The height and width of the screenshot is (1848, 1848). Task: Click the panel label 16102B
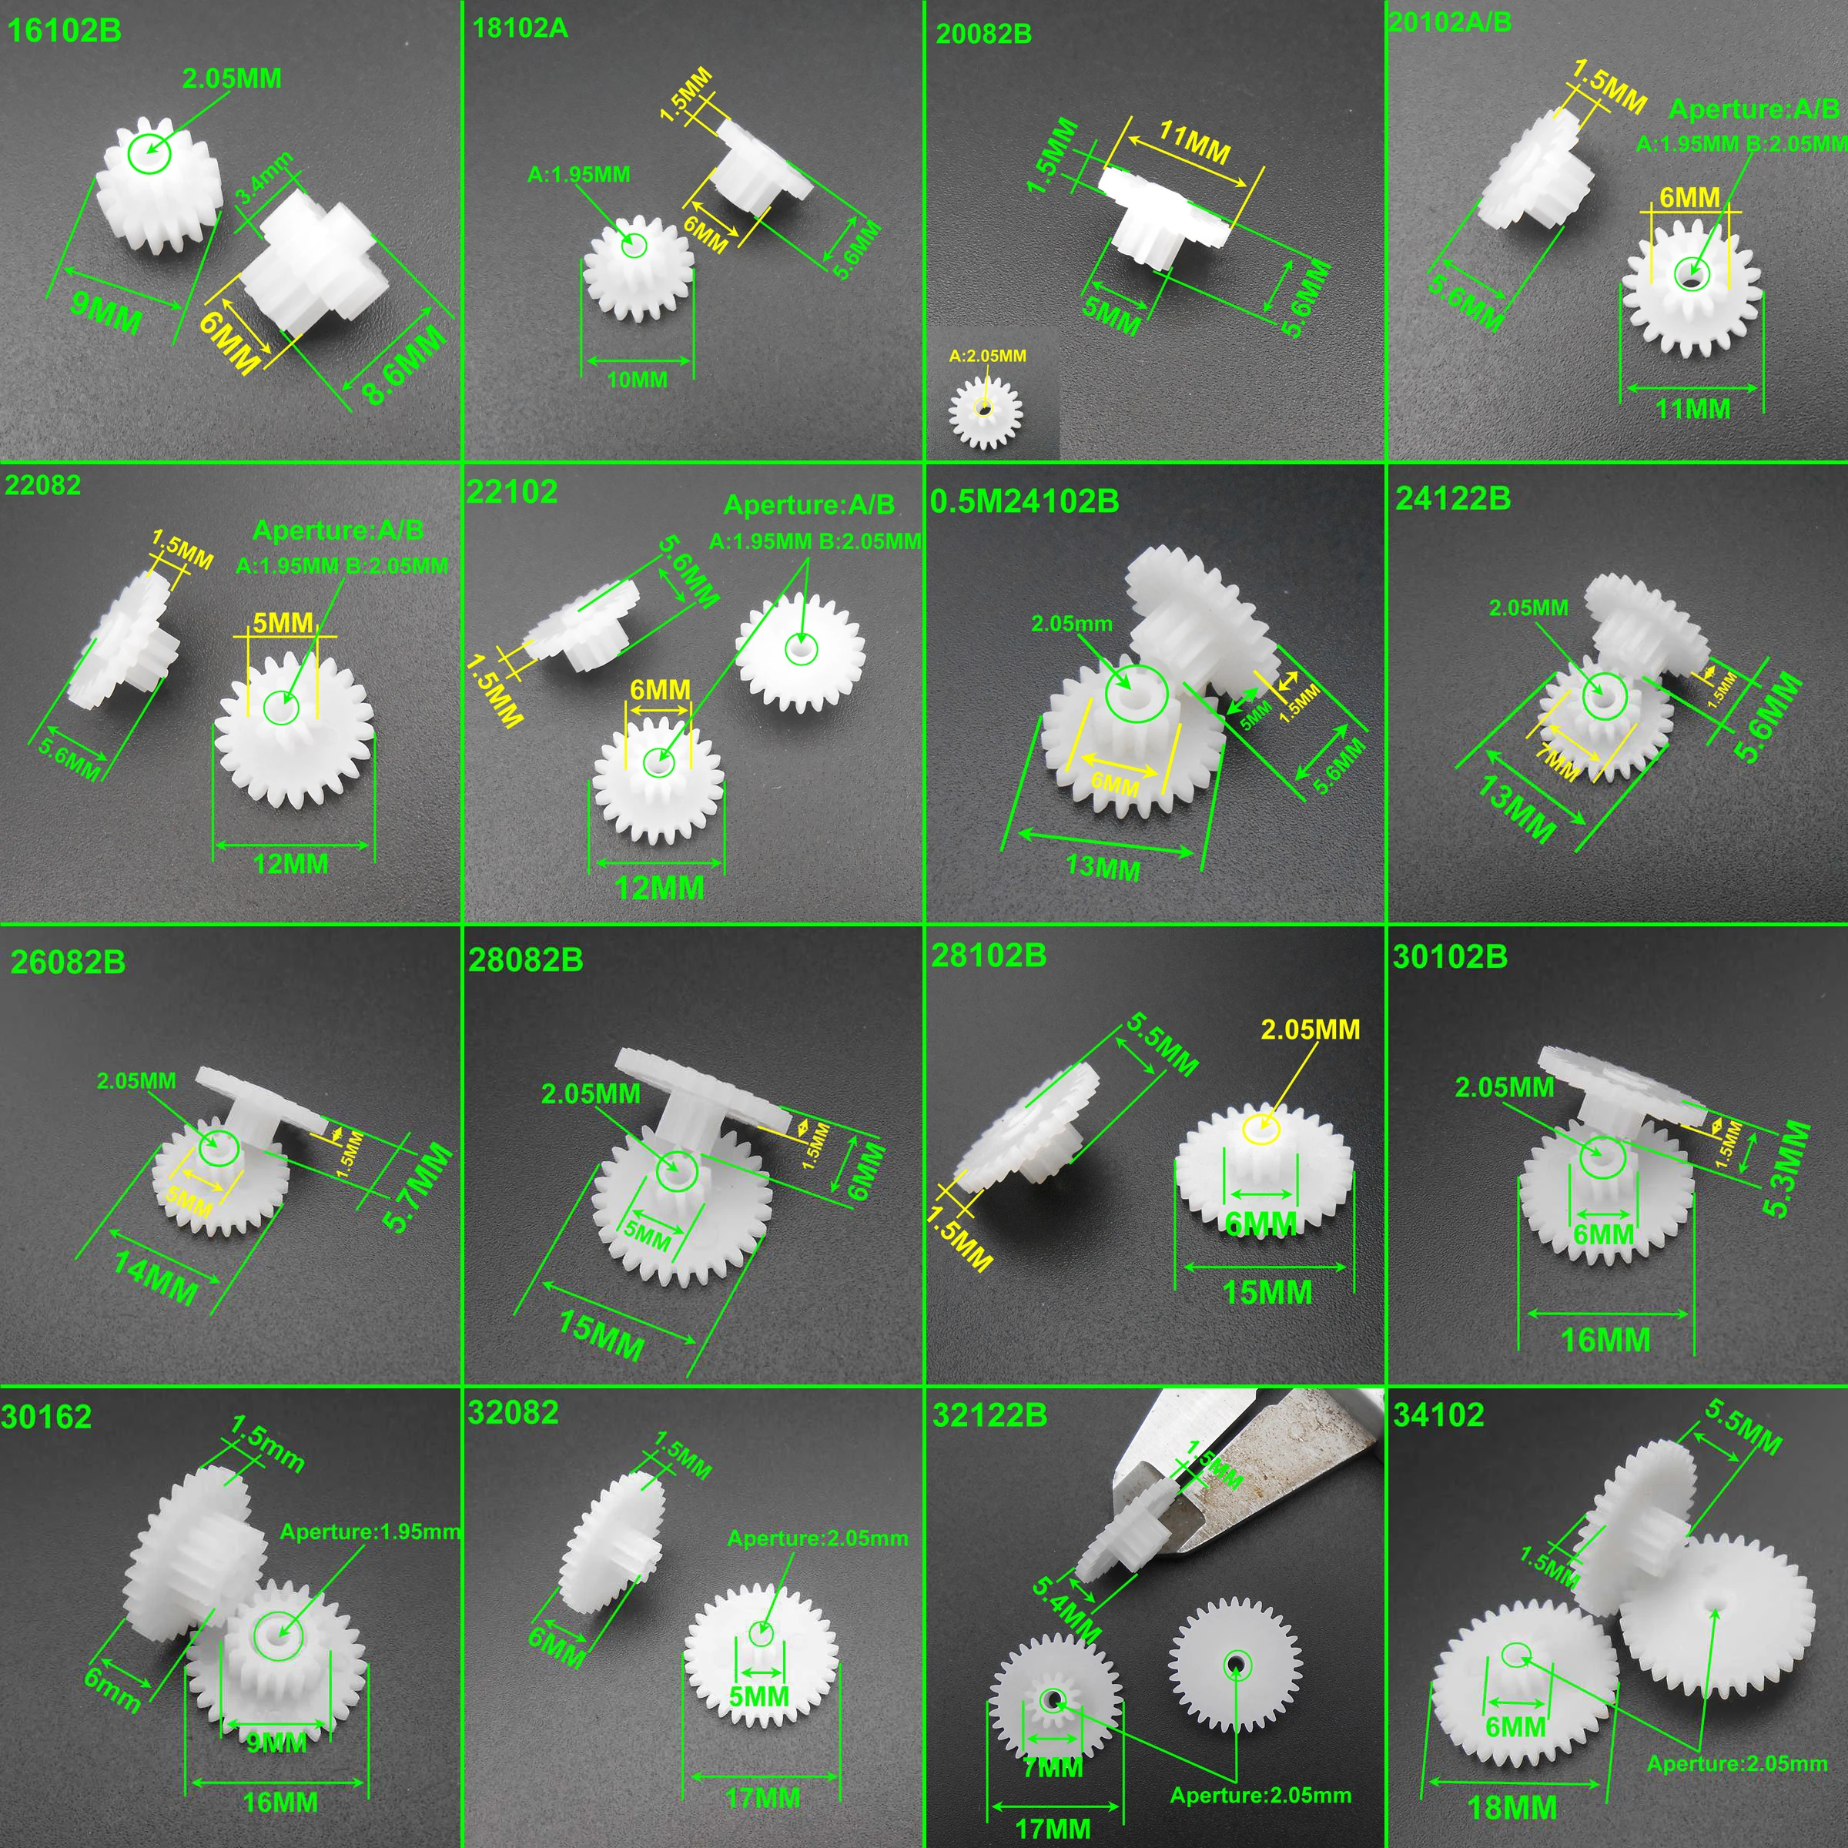coord(64,31)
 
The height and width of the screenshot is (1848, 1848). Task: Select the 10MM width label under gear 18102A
coord(637,380)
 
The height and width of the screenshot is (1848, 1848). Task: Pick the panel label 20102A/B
coord(1450,22)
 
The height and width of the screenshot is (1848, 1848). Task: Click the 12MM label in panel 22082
coord(291,864)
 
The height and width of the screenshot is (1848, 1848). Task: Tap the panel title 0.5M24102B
coord(1024,501)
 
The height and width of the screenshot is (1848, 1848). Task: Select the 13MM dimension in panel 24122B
coord(1516,809)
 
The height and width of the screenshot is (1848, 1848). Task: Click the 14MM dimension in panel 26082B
coord(156,1279)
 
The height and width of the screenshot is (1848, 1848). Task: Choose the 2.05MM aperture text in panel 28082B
coord(590,1093)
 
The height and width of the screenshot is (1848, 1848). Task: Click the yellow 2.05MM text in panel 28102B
coord(1310,1029)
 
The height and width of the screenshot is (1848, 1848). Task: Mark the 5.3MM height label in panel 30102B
coord(1786,1169)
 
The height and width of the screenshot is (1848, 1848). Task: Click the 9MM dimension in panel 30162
coord(276,1742)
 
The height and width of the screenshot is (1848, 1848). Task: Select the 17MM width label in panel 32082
coord(762,1798)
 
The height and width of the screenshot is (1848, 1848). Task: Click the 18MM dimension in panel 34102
coord(1512,1808)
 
